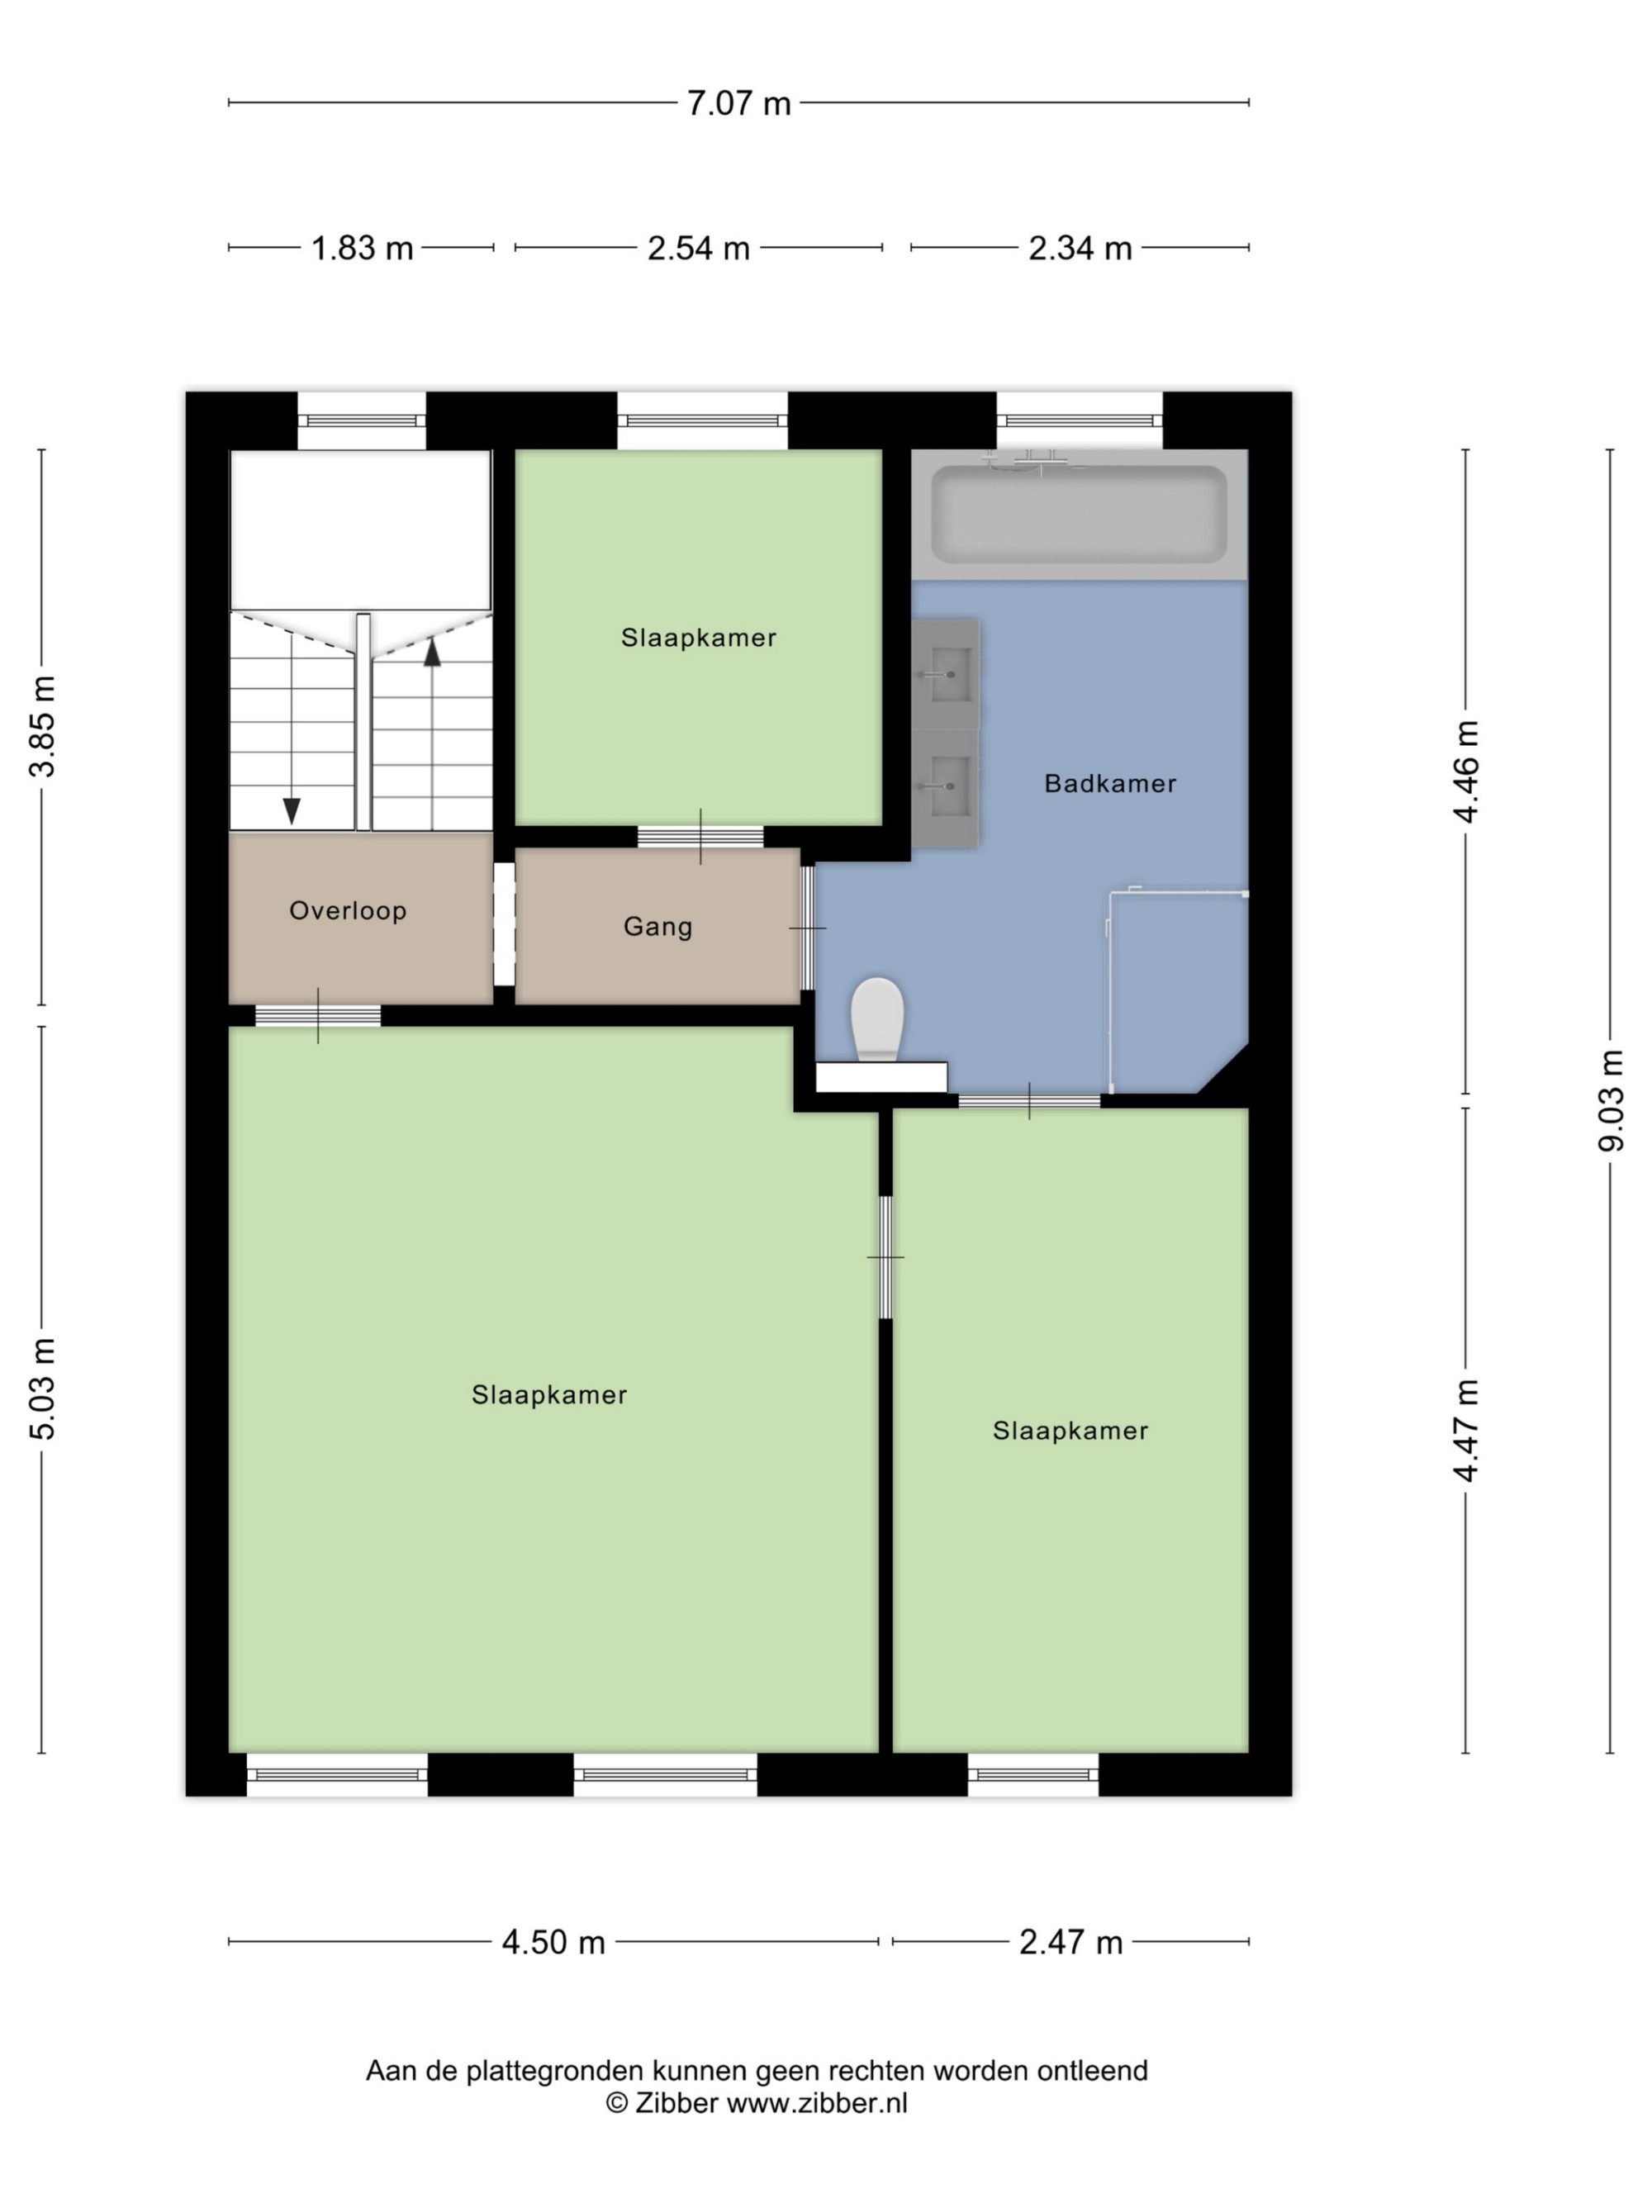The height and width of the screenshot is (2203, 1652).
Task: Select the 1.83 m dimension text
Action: tap(362, 248)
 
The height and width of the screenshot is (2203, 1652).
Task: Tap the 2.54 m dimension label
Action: tap(698, 248)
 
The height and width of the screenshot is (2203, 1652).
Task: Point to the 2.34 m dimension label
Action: tap(1080, 248)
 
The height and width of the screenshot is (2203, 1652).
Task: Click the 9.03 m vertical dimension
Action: tap(1610, 1100)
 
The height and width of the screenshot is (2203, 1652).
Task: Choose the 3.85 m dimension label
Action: tap(43, 726)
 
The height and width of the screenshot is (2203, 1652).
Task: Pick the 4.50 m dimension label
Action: tap(553, 1941)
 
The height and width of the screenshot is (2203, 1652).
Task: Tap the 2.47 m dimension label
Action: tap(1070, 1941)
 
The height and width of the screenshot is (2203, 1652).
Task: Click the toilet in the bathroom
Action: tap(877, 1018)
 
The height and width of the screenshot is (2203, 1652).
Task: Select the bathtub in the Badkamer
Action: tap(1080, 515)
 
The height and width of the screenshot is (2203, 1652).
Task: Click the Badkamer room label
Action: tap(1110, 784)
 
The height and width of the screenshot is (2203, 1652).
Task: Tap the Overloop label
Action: tap(348, 910)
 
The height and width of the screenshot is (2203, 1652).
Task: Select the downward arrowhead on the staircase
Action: tap(292, 810)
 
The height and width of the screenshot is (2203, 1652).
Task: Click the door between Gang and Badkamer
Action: tap(808, 928)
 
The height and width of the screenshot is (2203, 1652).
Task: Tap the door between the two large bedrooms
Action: tap(885, 1257)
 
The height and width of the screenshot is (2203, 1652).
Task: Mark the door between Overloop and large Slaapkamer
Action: tap(318, 1016)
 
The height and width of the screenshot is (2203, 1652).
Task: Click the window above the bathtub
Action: tap(1080, 420)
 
